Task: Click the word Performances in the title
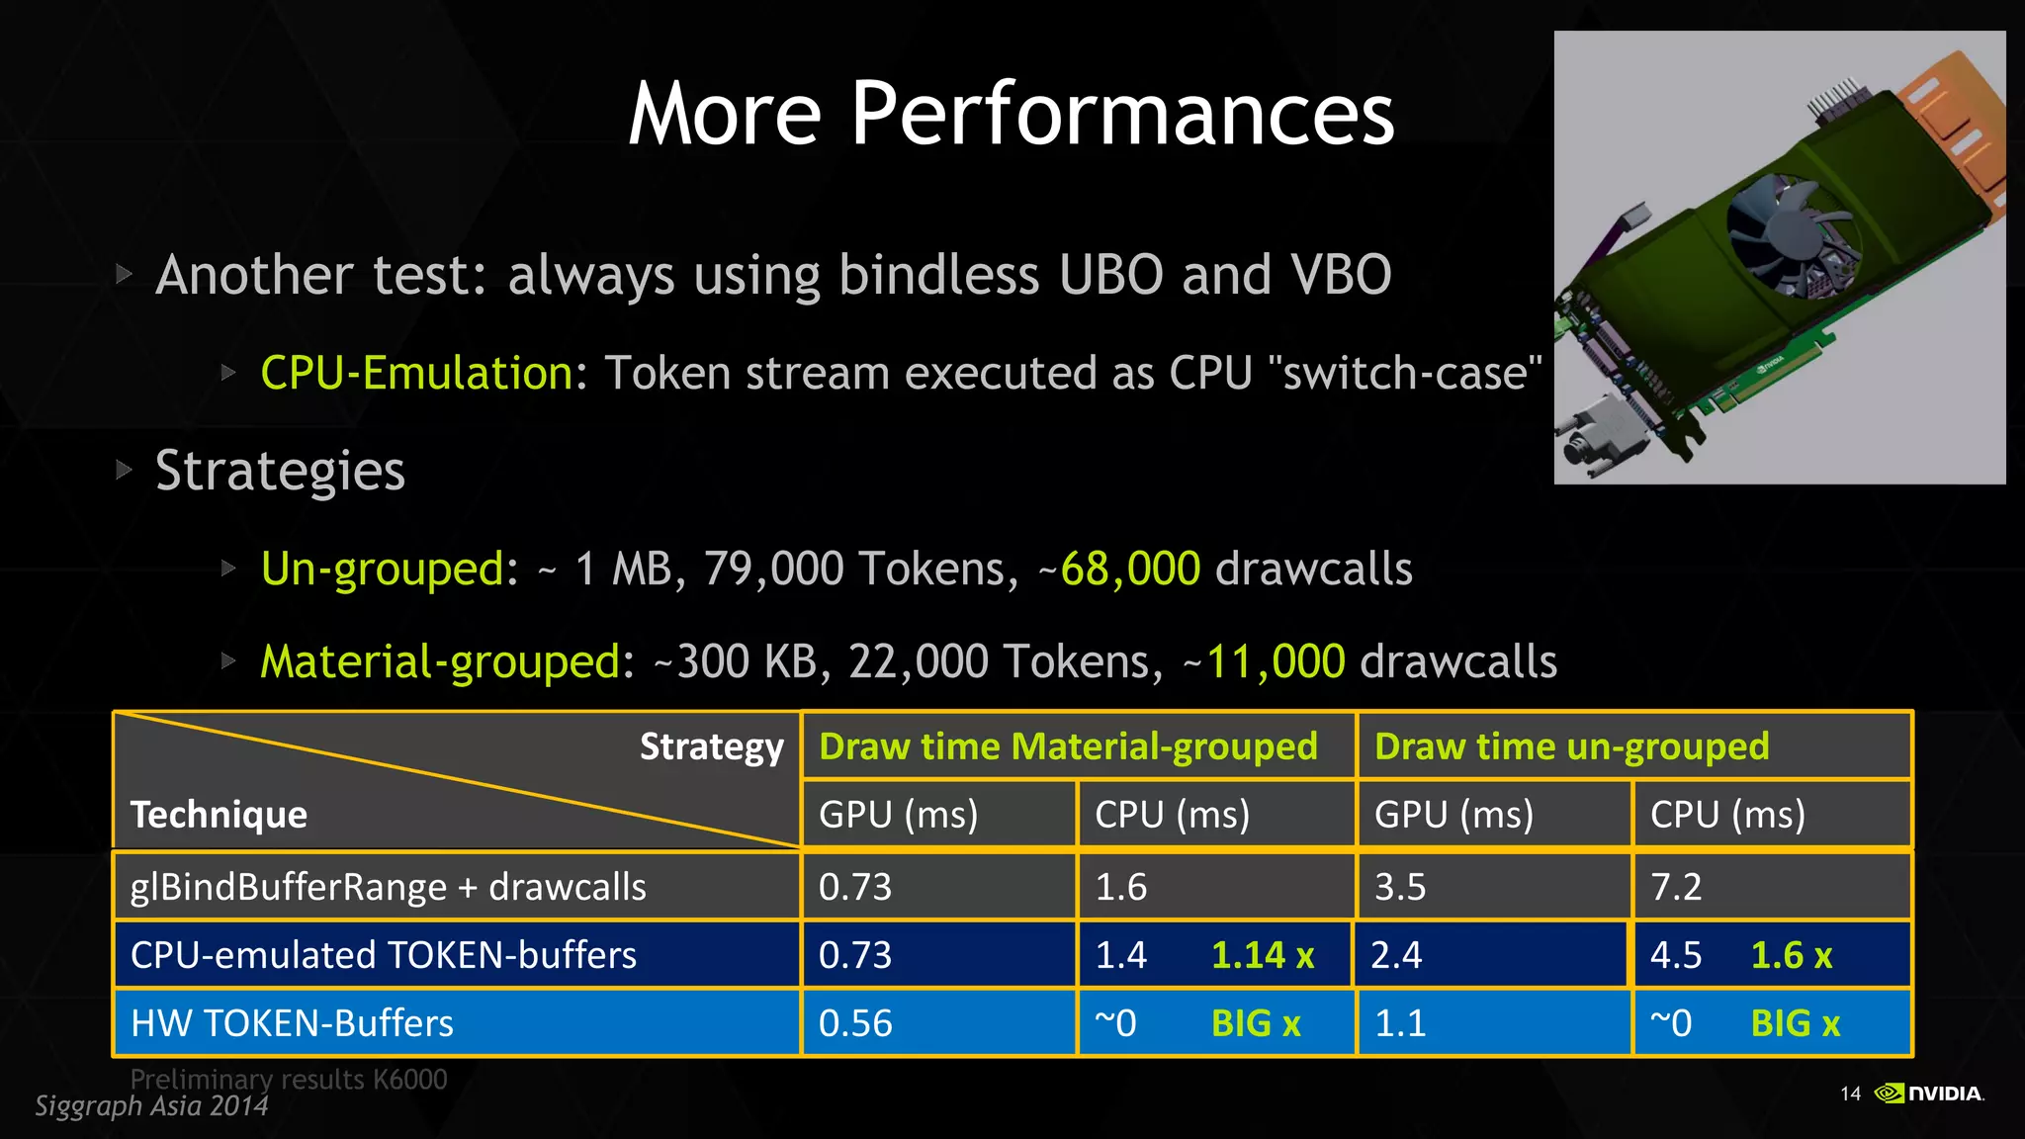tap(1121, 114)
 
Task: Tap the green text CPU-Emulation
tap(416, 374)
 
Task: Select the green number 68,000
tap(1130, 569)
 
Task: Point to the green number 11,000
tap(1276, 661)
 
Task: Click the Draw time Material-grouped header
tap(1068, 746)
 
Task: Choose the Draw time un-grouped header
tap(1571, 746)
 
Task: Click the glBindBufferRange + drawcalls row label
tap(388, 887)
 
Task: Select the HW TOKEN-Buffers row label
tap(292, 1023)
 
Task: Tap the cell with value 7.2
tap(1676, 887)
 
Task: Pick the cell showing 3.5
tap(1400, 887)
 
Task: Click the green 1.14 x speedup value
tap(1263, 955)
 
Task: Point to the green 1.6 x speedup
tap(1791, 955)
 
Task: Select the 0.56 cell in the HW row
tap(855, 1023)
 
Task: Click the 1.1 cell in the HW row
tap(1400, 1023)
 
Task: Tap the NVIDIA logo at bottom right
tap(1929, 1093)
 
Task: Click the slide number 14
tap(1850, 1094)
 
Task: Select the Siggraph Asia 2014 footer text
tap(151, 1105)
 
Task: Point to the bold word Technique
tap(219, 815)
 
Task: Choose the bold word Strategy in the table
tap(711, 746)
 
